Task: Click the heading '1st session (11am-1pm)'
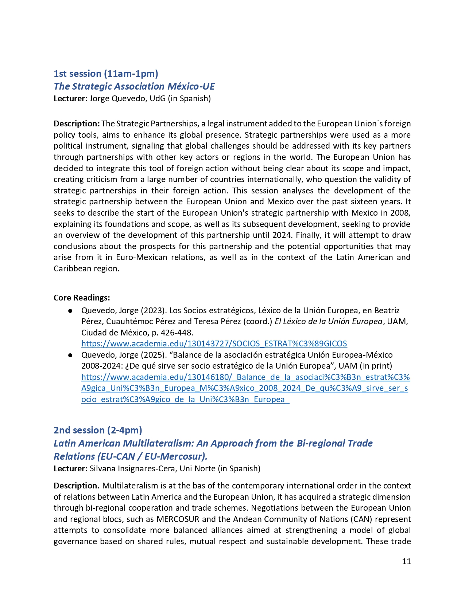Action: [x=106, y=74]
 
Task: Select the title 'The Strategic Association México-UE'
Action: [x=134, y=86]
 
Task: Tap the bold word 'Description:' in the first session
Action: [x=77, y=124]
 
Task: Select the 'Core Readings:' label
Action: [x=82, y=298]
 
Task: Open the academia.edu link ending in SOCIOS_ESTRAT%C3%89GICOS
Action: [x=214, y=344]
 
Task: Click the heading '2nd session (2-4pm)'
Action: [x=98, y=431]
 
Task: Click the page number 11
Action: [x=406, y=562]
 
